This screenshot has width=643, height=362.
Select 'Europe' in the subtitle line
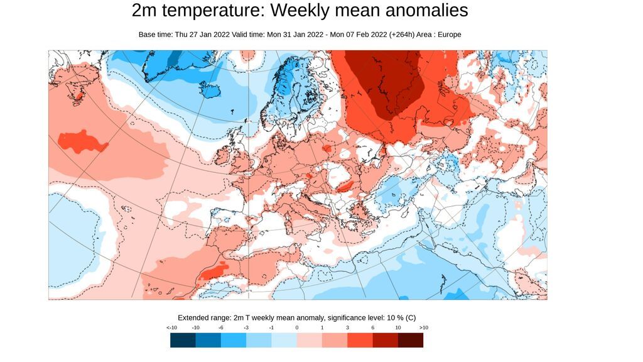449,35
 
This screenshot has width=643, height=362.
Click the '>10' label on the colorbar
423,327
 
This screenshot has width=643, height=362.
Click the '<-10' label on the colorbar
171,327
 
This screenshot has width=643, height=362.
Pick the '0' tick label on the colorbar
297,327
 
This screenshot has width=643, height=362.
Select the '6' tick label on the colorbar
372,327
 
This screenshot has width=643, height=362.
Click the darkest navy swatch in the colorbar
183,340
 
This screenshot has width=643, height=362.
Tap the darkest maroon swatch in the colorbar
411,340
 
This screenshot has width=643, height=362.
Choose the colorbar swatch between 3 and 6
360,340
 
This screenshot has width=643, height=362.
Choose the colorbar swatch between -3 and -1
259,340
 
